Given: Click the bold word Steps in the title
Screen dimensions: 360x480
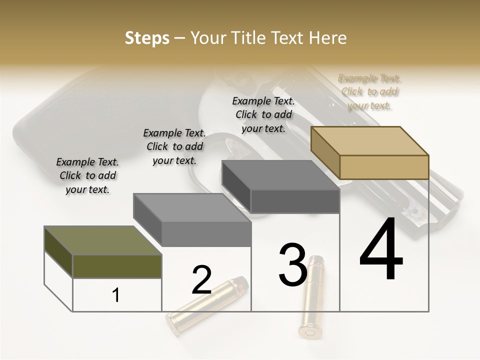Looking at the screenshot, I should [x=147, y=38].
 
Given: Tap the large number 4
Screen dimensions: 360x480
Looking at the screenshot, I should [x=381, y=250].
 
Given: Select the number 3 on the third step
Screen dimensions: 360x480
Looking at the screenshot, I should [x=292, y=265].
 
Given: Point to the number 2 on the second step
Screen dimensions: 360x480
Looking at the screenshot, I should [x=201, y=280].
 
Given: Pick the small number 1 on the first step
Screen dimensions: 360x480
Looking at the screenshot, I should [x=116, y=295].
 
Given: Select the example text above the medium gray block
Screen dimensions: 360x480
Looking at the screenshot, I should [x=174, y=146].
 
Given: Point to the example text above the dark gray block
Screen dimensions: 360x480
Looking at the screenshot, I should [x=263, y=114].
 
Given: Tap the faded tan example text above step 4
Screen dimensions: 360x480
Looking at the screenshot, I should [x=369, y=92].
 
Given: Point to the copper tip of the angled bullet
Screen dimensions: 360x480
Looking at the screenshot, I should [x=242, y=284].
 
